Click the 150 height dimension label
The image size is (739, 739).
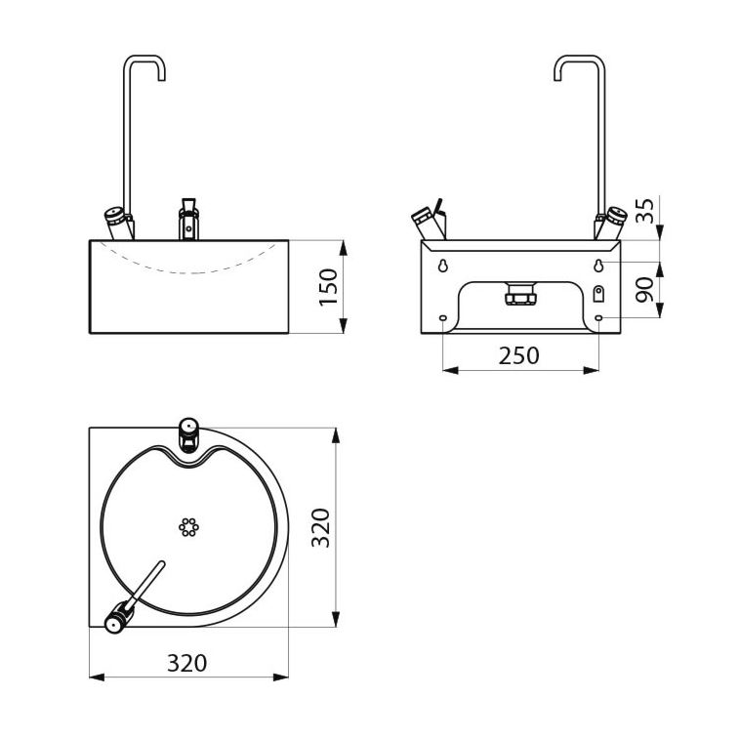(328, 287)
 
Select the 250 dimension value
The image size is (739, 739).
(519, 355)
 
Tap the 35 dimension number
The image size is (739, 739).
(644, 210)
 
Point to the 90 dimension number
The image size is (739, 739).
(644, 290)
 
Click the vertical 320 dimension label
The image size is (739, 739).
(321, 528)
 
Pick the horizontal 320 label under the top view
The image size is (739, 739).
(187, 663)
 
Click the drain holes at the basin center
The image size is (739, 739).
(189, 527)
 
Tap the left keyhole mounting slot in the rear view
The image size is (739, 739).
(443, 266)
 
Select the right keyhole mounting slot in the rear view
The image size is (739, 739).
(598, 266)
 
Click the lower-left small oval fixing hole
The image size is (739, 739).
(443, 318)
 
